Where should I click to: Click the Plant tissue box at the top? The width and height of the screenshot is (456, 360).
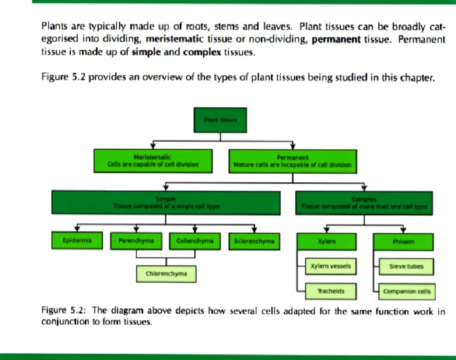coord(220,120)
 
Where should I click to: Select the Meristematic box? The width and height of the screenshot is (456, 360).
coord(153,161)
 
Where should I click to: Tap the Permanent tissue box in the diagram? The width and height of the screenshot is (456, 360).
coord(292,162)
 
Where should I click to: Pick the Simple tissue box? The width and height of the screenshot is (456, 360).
coord(166,203)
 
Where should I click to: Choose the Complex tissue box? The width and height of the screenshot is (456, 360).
coord(364,203)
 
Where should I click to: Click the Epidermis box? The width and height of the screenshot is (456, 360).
coord(77,240)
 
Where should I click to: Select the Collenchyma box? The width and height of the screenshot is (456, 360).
coord(195,241)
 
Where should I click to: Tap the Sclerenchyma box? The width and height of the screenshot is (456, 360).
coord(254,241)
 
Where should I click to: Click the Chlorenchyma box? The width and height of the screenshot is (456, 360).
coord(166,274)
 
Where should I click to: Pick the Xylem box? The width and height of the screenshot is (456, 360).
coord(327,241)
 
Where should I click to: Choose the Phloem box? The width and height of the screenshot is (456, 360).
coord(404,241)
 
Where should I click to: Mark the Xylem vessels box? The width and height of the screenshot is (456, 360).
coord(331,266)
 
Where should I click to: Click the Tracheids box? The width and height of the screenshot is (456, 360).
coord(331,291)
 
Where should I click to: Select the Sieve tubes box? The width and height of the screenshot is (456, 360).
coord(406,266)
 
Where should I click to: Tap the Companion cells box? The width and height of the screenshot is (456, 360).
coord(407,292)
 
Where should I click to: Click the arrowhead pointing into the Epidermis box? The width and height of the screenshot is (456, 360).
coord(77,229)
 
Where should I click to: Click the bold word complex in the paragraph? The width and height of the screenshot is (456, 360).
coord(202,52)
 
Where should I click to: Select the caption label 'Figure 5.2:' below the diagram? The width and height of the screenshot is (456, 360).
coord(65,311)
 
